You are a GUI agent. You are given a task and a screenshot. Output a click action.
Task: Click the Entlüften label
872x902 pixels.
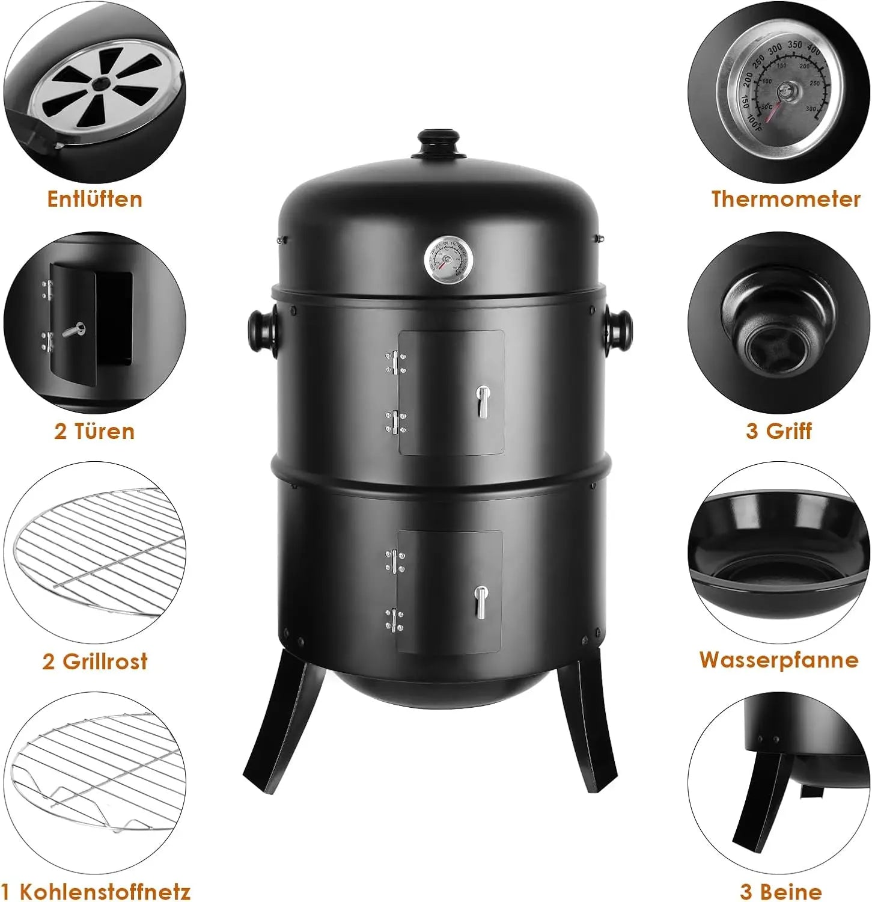(95, 199)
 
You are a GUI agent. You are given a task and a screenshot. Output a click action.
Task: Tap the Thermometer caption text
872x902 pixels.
(786, 199)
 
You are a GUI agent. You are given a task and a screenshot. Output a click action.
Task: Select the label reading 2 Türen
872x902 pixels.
(94, 431)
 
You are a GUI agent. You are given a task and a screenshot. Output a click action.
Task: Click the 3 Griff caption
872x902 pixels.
(779, 431)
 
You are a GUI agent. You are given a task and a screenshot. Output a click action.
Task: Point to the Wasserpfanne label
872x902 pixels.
(779, 660)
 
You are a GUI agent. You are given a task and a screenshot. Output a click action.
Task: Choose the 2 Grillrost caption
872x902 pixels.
(95, 661)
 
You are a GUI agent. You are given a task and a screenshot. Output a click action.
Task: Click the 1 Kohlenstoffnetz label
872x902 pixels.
(96, 891)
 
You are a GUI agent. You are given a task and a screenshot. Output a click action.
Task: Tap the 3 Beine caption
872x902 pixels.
(781, 891)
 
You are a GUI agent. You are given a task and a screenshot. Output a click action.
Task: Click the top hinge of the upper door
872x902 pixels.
(395, 363)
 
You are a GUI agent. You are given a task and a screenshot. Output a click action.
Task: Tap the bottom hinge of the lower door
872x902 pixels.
(395, 620)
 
